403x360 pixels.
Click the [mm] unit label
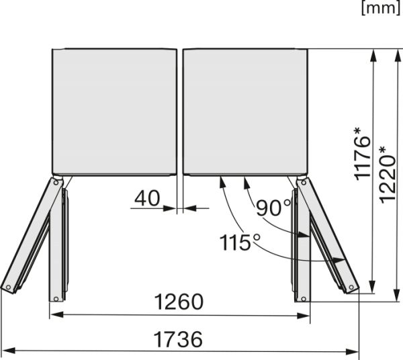[380, 9]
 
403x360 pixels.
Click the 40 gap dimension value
[147, 199]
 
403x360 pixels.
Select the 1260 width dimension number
[179, 302]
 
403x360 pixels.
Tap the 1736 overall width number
[178, 339]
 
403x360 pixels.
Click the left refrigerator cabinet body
[114, 111]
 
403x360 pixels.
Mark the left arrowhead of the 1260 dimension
[54, 314]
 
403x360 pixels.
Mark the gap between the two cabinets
[180, 111]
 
